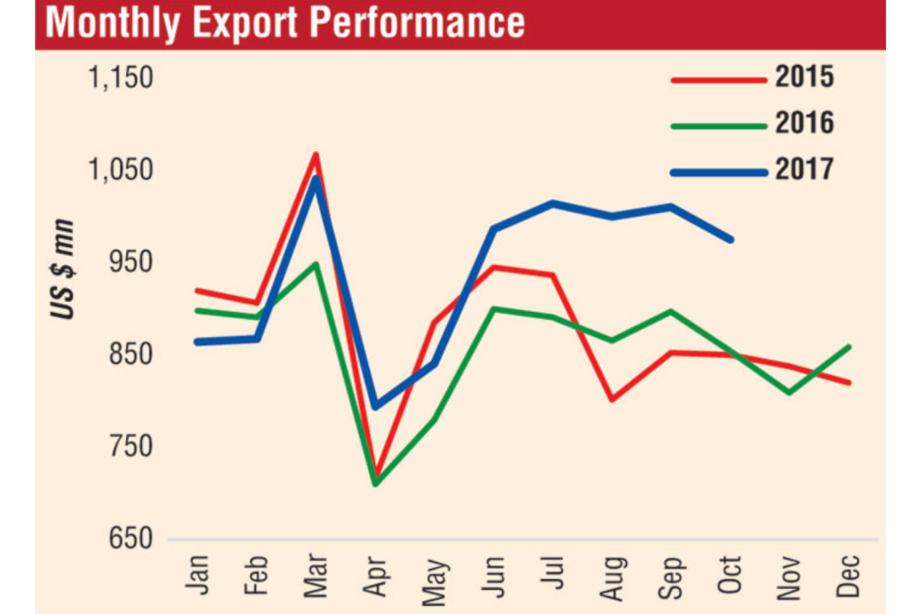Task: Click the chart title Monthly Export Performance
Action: click(285, 23)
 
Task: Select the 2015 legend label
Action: click(804, 77)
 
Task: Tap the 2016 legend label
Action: click(804, 122)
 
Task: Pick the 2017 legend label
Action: click(804, 168)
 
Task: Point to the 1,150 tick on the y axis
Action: click(121, 78)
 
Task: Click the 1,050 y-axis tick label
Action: click(121, 171)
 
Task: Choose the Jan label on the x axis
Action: click(197, 574)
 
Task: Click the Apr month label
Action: click(375, 574)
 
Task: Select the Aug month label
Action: click(613, 574)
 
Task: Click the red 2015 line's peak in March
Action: click(316, 155)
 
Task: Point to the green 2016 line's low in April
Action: click(375, 485)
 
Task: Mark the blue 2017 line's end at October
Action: click(731, 239)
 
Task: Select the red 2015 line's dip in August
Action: click(613, 399)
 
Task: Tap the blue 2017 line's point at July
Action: click(552, 203)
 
